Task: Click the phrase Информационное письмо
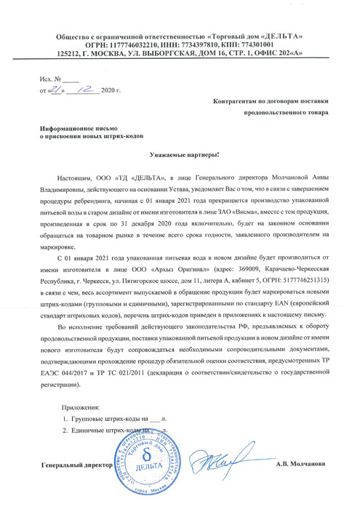78,127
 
